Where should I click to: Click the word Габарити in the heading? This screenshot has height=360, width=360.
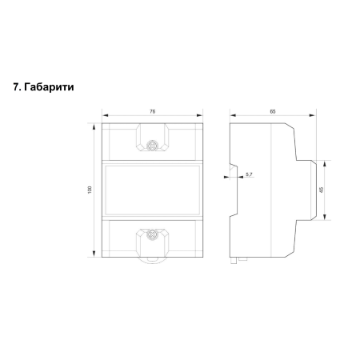click(x=49, y=87)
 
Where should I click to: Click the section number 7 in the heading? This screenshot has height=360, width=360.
click(x=16, y=87)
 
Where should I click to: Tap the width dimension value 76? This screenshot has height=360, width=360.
click(x=152, y=112)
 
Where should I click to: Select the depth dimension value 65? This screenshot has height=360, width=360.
click(x=273, y=112)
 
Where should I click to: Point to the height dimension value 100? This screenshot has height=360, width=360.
click(x=90, y=190)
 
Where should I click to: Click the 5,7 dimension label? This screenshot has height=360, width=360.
click(x=249, y=174)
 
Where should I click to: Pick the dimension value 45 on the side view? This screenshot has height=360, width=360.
click(x=322, y=190)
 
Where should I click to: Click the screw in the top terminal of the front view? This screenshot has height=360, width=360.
click(x=153, y=145)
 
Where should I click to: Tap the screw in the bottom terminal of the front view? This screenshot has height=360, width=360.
click(x=153, y=234)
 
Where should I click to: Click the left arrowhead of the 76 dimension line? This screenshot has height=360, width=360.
click(x=105, y=115)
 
